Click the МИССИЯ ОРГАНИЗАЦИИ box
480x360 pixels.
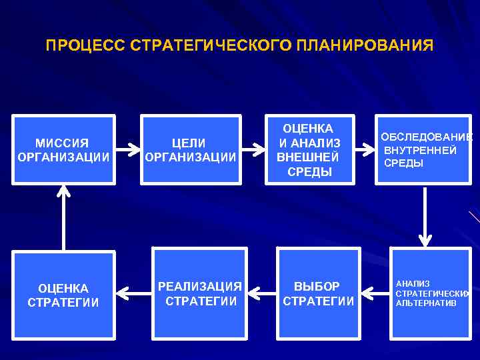(x=63, y=150)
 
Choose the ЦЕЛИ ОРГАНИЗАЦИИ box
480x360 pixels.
(x=191, y=150)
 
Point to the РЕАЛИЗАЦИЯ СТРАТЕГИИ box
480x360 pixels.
(x=201, y=293)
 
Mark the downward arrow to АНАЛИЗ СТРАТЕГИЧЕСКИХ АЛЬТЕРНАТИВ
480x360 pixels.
(x=425, y=217)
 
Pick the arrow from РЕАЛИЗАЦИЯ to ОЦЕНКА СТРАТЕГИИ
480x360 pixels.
(x=133, y=292)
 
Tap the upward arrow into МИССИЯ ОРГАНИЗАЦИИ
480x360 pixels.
(x=63, y=217)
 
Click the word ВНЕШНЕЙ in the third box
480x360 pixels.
(x=308, y=158)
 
